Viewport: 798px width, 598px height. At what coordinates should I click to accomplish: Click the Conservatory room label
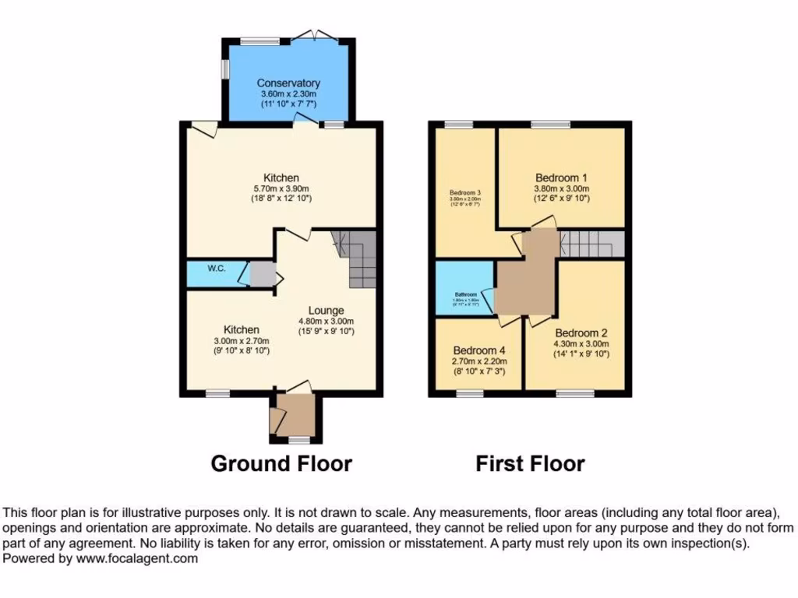pyautogui.click(x=288, y=83)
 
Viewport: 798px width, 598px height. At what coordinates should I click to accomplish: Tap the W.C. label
pyautogui.click(x=216, y=269)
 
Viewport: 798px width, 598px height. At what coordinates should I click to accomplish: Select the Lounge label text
pyautogui.click(x=326, y=311)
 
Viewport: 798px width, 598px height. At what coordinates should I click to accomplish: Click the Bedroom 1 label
pyautogui.click(x=561, y=177)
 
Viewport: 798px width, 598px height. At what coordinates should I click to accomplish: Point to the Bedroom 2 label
pyautogui.click(x=581, y=332)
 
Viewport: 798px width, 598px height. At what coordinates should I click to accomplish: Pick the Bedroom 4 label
pyautogui.click(x=479, y=350)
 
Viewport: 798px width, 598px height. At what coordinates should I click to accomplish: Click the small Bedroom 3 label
pyautogui.click(x=464, y=192)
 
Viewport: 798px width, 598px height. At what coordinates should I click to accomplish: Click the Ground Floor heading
pyautogui.click(x=281, y=464)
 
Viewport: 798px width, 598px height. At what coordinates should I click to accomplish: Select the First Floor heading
pyautogui.click(x=530, y=464)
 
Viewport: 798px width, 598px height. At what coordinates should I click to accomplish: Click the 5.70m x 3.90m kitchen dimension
pyautogui.click(x=281, y=188)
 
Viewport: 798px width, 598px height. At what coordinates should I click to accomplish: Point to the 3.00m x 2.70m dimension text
pyautogui.click(x=242, y=340)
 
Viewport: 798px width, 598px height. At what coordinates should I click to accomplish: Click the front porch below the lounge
pyautogui.click(x=294, y=414)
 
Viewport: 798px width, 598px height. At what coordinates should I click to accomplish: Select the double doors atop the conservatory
pyautogui.click(x=316, y=36)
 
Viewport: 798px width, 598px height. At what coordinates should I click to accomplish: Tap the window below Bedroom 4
pyautogui.click(x=469, y=394)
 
